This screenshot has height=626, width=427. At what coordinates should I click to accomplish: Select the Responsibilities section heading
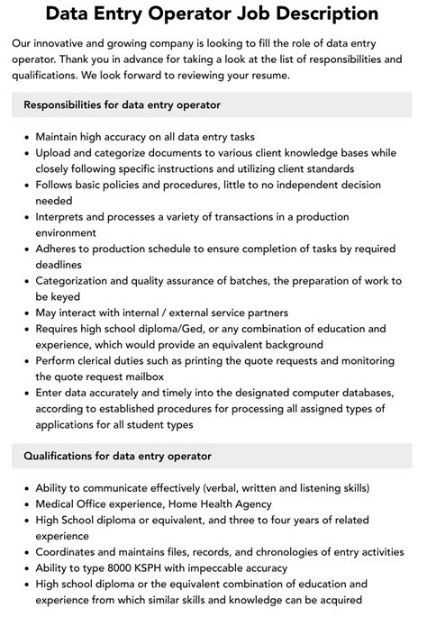point(122,105)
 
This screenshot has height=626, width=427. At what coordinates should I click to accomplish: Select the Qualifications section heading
point(117,456)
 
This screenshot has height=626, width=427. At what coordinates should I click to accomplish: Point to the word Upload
point(55,152)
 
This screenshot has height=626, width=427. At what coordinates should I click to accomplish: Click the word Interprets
point(65,217)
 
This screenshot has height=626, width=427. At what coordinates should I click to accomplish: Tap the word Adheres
point(60,249)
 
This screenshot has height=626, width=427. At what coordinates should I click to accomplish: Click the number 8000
point(117,568)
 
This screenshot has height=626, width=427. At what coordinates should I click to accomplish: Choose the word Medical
point(59,504)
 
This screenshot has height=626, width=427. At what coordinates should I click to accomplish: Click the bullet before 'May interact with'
point(25,313)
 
